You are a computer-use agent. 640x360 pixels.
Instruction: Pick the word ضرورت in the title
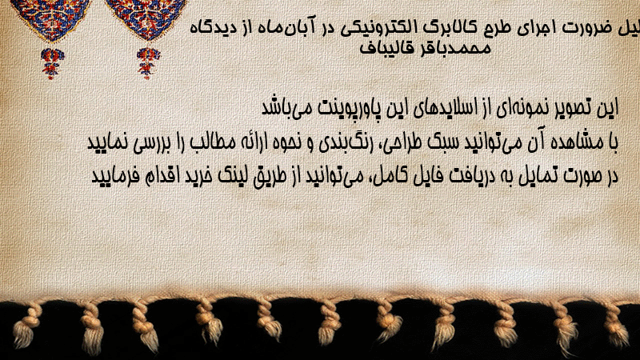click(x=587, y=28)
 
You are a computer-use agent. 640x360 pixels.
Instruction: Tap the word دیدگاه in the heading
click(x=211, y=28)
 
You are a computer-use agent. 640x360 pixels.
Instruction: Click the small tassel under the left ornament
click(x=52, y=63)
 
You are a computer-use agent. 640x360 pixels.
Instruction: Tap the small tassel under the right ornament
click(x=147, y=63)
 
